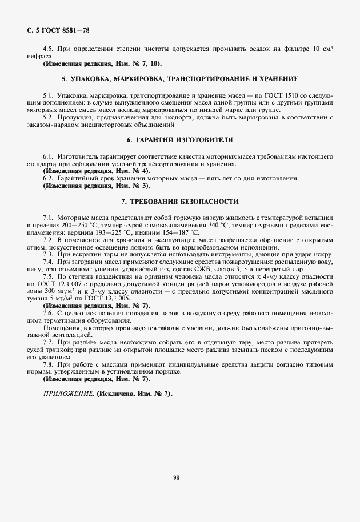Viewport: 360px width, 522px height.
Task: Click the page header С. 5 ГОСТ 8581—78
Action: point(58,29)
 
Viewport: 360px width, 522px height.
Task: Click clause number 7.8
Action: point(49,364)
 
